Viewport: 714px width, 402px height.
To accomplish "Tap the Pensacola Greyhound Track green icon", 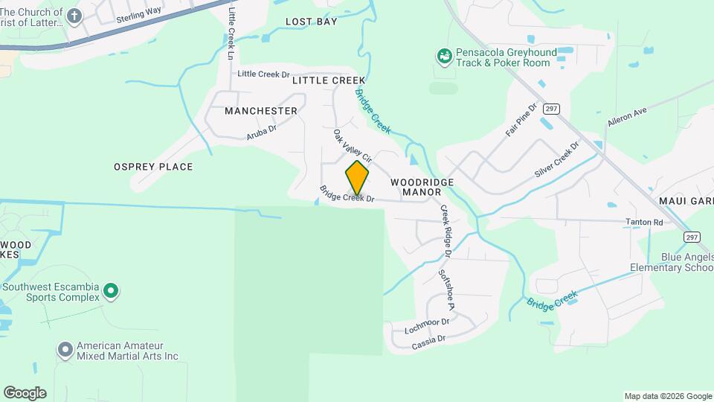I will click(x=444, y=56).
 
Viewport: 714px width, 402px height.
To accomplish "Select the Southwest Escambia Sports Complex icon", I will click(x=111, y=291).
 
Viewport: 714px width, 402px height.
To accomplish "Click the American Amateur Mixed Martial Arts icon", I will click(x=65, y=348).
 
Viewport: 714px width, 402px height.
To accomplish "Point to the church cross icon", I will click(x=74, y=16).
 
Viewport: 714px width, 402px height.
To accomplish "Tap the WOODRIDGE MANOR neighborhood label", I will click(x=422, y=186).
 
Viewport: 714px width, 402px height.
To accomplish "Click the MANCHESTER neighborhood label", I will click(x=260, y=111).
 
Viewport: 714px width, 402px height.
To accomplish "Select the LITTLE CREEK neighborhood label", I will click(x=329, y=80).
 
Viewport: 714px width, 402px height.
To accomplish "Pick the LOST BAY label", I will click(x=312, y=22).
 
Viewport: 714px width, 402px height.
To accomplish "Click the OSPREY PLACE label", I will click(x=153, y=167).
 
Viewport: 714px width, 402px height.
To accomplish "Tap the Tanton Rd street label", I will click(x=644, y=222).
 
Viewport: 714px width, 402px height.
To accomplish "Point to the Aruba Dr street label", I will click(x=262, y=133).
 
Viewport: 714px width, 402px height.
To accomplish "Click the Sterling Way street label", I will click(x=139, y=17).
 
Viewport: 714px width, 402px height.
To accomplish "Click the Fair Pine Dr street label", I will click(x=521, y=120).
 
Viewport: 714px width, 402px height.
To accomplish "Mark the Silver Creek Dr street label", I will click(x=556, y=159).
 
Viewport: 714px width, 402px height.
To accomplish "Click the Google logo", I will click(x=25, y=393).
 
